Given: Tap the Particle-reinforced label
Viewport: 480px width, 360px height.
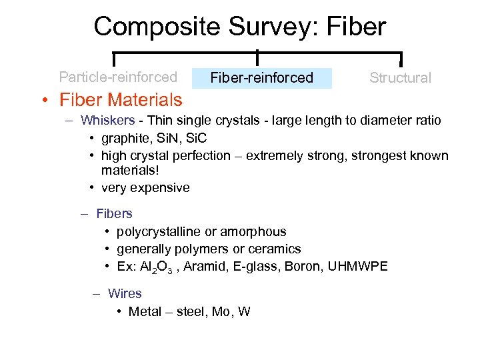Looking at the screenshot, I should [118, 77].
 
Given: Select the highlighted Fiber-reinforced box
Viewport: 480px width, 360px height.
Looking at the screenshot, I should [261, 78].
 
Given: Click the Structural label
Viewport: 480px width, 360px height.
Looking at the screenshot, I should [400, 78].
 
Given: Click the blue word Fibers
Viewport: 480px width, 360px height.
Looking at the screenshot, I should [114, 214].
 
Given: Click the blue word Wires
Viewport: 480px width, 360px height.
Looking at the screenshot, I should [125, 293].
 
